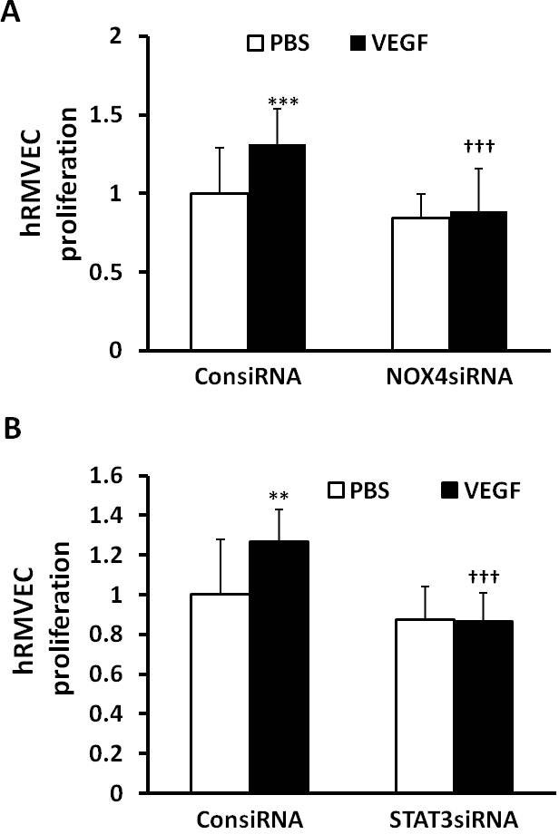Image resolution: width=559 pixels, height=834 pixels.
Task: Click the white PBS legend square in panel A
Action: [257, 43]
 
